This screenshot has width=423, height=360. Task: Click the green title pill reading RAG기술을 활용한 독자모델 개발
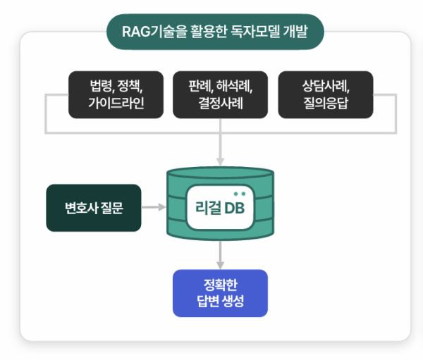pyautogui.click(x=215, y=32)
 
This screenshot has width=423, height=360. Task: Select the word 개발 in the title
pyautogui.click(x=295, y=32)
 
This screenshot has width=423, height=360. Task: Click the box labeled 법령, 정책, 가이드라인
pyautogui.click(x=116, y=94)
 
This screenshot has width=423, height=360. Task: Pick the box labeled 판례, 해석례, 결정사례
pyautogui.click(x=221, y=94)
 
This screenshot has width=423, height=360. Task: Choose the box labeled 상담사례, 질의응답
pyautogui.click(x=326, y=94)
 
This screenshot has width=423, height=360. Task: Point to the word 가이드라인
pyautogui.click(x=116, y=103)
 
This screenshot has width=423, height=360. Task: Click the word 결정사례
pyautogui.click(x=221, y=103)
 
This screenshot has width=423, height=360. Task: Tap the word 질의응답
pyautogui.click(x=326, y=103)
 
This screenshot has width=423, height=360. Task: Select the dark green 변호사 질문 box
pyautogui.click(x=94, y=208)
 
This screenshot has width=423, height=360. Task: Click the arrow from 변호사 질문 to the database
pyautogui.click(x=154, y=207)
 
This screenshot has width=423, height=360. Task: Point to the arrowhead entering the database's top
pyautogui.click(x=221, y=162)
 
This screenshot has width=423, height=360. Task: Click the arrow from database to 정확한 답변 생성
pyautogui.click(x=221, y=255)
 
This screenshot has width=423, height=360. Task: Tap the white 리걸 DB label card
pyautogui.click(x=220, y=207)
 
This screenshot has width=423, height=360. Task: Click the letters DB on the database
pyautogui.click(x=235, y=208)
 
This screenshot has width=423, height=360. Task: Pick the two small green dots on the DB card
pyautogui.click(x=240, y=194)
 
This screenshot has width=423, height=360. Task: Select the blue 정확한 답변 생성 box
pyautogui.click(x=221, y=293)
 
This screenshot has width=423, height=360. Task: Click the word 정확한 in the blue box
pyautogui.click(x=221, y=285)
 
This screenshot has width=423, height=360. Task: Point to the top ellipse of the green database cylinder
pyautogui.click(x=221, y=173)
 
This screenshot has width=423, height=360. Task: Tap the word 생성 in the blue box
pyautogui.click(x=233, y=302)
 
